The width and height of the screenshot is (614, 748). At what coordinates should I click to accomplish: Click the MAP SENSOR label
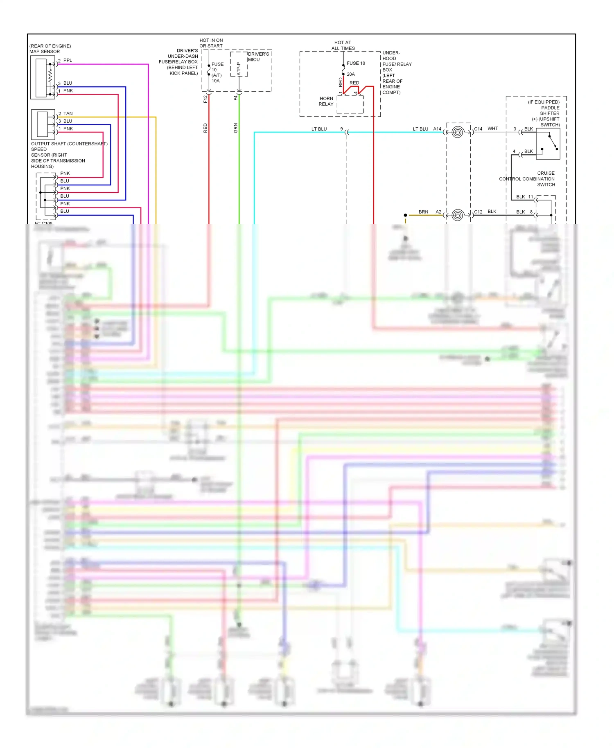(x=45, y=52)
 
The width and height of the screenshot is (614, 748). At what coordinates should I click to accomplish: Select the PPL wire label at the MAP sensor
(x=68, y=60)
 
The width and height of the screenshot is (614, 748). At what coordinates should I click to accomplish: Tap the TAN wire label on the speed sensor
(x=68, y=113)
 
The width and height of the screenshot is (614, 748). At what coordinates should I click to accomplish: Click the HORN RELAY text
(x=326, y=101)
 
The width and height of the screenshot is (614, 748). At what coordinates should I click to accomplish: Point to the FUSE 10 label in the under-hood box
(x=356, y=63)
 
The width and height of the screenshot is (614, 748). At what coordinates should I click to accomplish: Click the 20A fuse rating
(x=351, y=74)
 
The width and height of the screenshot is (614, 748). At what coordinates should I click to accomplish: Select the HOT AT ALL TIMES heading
(x=343, y=45)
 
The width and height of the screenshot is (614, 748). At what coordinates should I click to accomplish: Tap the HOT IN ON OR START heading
(x=211, y=43)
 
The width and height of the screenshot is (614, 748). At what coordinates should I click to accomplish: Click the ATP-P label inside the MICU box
(x=239, y=69)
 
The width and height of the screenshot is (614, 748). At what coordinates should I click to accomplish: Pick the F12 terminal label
(x=205, y=99)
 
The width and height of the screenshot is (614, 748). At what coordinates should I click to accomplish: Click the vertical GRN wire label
(x=235, y=128)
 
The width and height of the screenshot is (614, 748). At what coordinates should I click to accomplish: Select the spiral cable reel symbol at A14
(x=458, y=132)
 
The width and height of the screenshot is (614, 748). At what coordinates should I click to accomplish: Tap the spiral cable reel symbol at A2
(x=458, y=215)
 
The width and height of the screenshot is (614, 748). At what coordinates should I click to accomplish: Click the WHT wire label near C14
(x=492, y=128)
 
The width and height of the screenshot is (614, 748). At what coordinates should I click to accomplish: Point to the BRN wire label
(x=423, y=212)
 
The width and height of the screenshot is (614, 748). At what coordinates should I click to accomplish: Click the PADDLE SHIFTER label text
(x=550, y=110)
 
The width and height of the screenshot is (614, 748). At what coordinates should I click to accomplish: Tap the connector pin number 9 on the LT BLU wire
(x=341, y=129)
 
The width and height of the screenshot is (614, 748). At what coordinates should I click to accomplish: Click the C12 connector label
(x=478, y=212)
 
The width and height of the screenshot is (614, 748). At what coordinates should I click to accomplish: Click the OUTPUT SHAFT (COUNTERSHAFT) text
(x=69, y=144)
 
